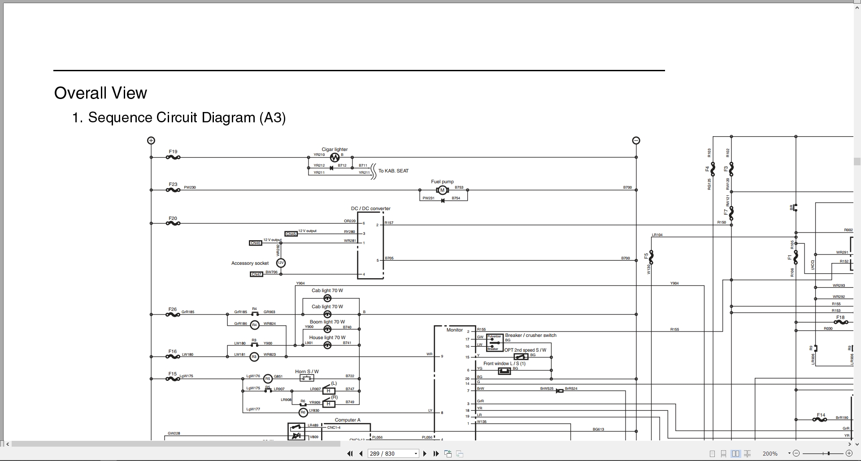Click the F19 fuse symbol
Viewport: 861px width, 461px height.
coord(173,157)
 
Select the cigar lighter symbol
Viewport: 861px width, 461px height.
coord(335,158)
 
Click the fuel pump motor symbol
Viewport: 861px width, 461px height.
coord(442,190)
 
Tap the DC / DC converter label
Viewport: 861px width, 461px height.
coord(370,208)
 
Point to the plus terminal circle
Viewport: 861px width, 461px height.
coord(151,140)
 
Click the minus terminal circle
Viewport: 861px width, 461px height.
coord(636,140)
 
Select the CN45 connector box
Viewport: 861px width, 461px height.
coord(291,234)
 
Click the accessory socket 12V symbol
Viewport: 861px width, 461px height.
coord(281,263)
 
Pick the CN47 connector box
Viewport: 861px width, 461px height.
coord(256,274)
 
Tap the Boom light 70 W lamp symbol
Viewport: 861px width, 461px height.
coord(327,328)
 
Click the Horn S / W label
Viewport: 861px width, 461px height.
coord(307,371)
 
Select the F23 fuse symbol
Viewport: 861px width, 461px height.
coord(173,190)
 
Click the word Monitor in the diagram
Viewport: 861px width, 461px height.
coord(454,330)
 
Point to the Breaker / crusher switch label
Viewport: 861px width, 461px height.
coord(531,335)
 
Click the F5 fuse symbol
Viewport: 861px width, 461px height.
coord(651,257)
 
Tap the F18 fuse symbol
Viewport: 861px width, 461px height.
coord(841,322)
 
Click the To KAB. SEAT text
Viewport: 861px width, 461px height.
coord(393,171)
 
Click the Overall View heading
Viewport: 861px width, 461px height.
coord(100,93)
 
